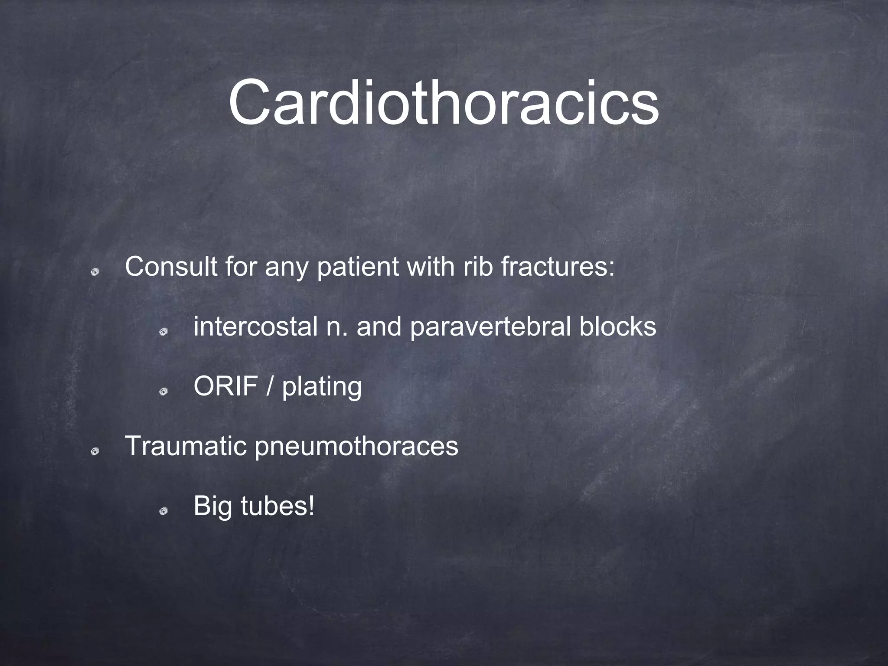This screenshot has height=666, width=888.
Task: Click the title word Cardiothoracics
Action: pos(443,103)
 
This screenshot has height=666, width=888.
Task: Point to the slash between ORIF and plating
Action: pos(270,386)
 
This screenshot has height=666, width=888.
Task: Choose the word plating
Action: pos(321,387)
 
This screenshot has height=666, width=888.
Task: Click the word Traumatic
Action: pos(185,446)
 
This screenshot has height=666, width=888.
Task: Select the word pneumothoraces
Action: pos(356,447)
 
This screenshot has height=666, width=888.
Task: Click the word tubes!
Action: pos(277,506)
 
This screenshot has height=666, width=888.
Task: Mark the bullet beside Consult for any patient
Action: pos(95,272)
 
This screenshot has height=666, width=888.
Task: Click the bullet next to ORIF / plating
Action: pos(163,392)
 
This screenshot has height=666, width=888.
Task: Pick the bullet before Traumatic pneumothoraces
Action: pos(95,452)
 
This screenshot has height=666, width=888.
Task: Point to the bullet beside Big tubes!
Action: pos(163,512)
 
